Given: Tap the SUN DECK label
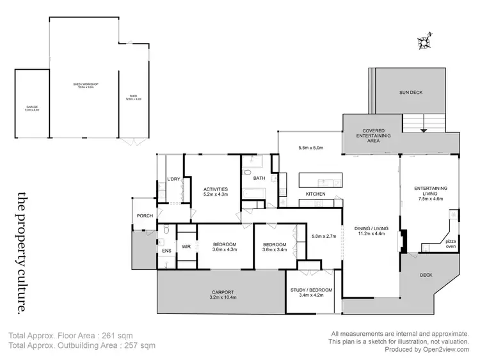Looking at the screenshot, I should [x=410, y=93].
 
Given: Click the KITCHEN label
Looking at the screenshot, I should [x=316, y=194].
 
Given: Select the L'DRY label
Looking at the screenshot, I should [x=173, y=179].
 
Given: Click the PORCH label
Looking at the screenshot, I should [x=145, y=215].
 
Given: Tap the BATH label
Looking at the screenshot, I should [x=260, y=178].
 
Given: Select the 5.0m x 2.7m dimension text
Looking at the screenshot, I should [x=324, y=235].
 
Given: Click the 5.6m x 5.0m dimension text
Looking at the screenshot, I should [x=312, y=148].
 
